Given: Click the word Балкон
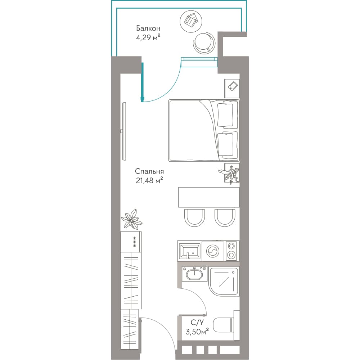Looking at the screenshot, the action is (x=148, y=28).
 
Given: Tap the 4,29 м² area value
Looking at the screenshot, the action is (x=148, y=37).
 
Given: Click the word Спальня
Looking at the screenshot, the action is (x=149, y=171).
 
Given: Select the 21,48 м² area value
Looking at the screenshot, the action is (x=149, y=180).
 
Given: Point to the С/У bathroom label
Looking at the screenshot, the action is (x=197, y=323).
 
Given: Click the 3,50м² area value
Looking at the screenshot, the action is (x=197, y=332).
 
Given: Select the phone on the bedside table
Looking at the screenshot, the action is (x=233, y=86).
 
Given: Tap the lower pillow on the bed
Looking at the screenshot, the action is (x=225, y=145).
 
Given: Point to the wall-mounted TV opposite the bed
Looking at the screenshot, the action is (x=124, y=131).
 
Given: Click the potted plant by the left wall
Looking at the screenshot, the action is (x=131, y=219).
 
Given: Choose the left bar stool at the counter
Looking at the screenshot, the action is (x=194, y=218).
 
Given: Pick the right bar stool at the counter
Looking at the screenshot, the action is (x=225, y=218).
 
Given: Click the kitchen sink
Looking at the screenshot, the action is (x=190, y=251).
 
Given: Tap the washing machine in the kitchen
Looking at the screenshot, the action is (x=213, y=251).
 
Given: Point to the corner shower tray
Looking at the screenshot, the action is (x=224, y=281).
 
